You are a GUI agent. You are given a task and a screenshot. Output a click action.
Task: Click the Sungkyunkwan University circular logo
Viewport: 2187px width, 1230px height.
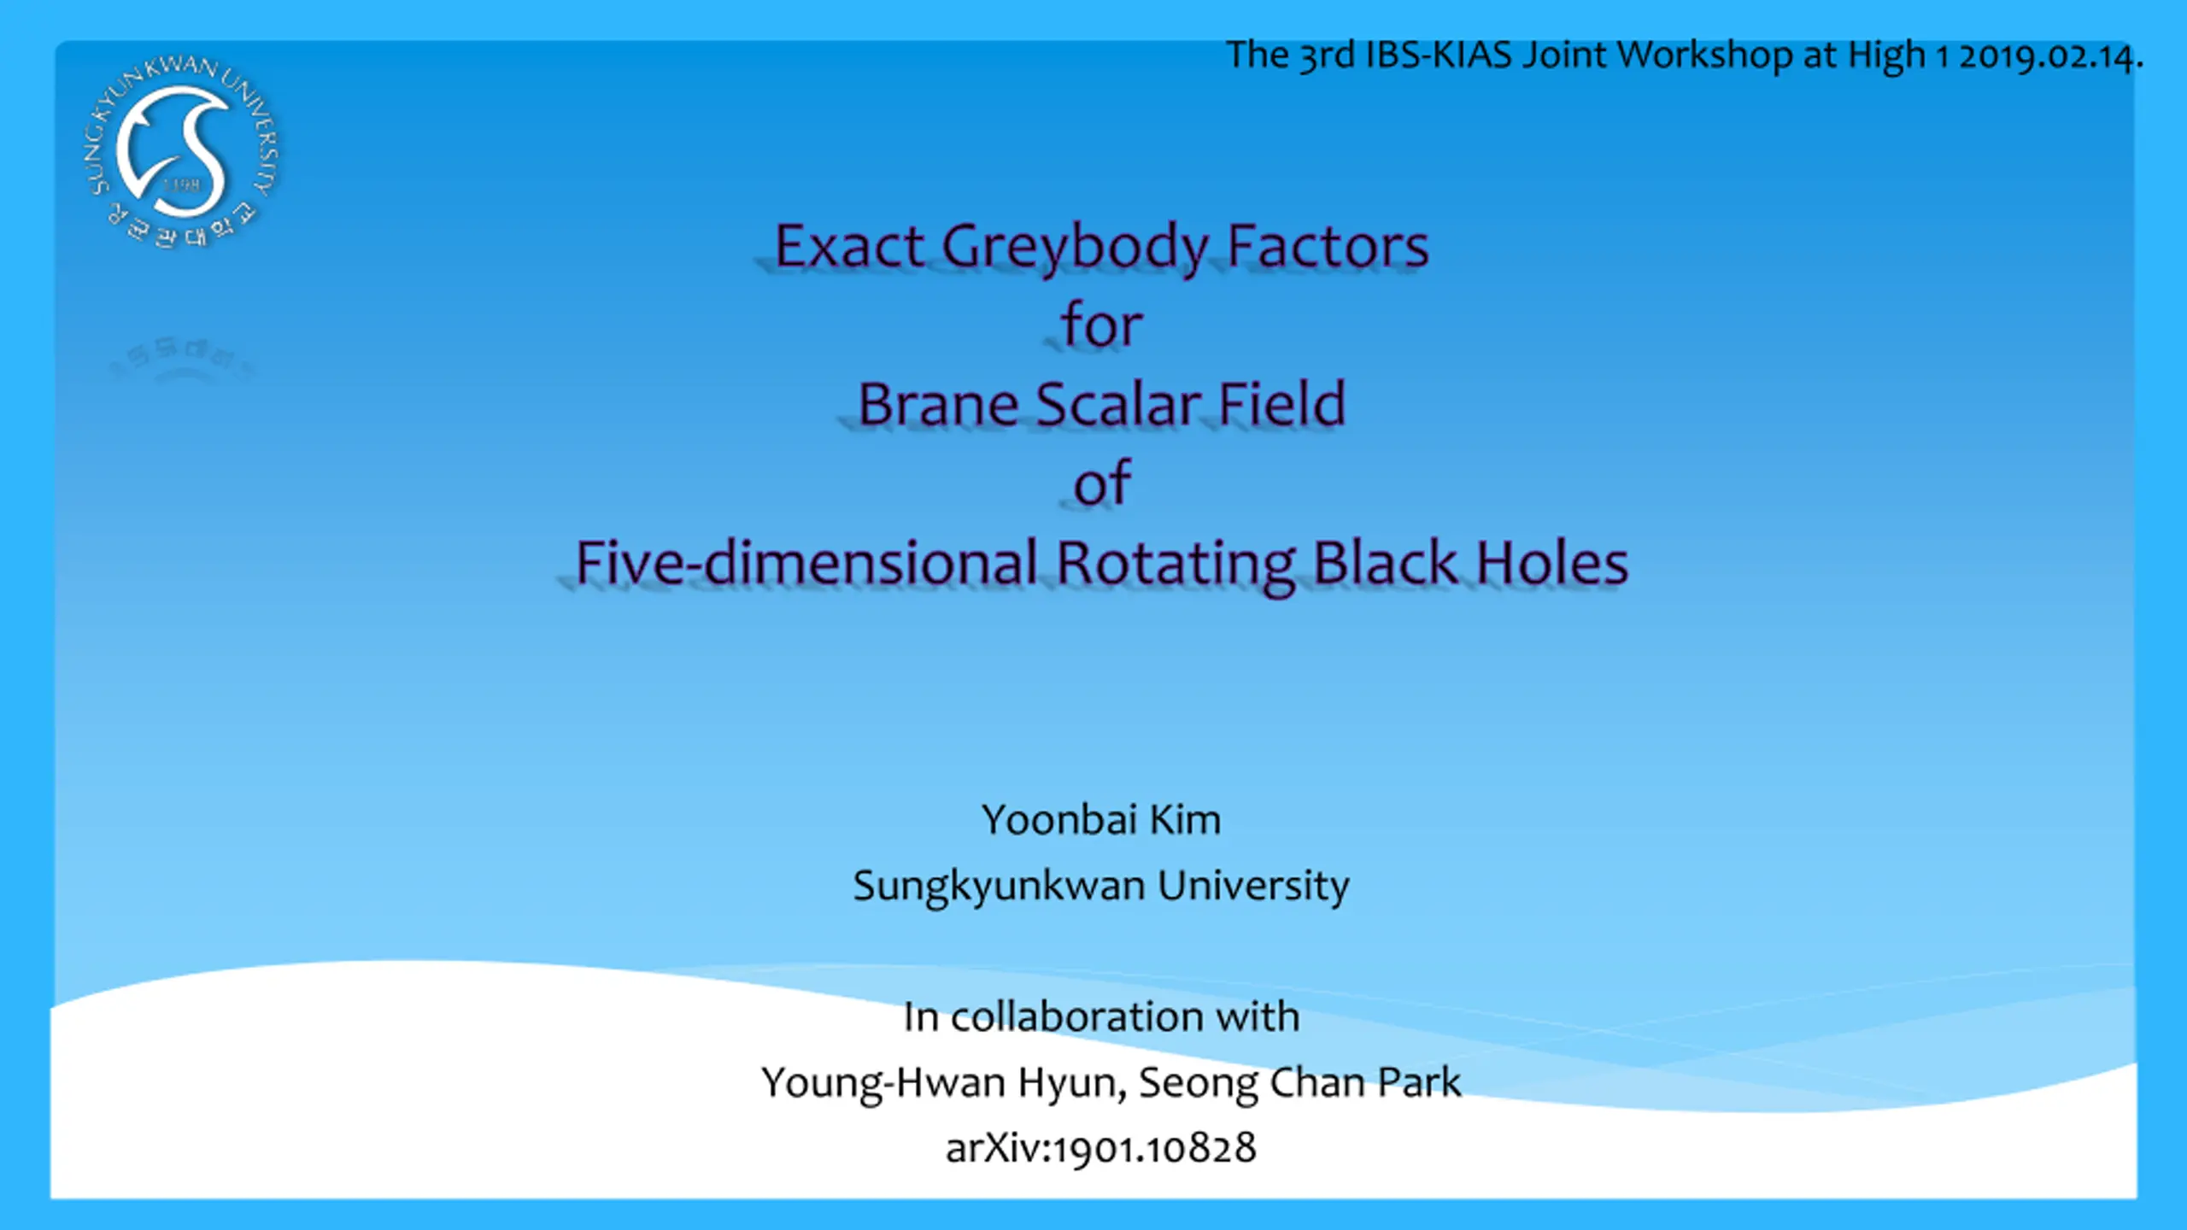pyautogui.click(x=183, y=152)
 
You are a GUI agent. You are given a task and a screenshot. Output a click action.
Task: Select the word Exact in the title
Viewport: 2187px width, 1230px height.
pyautogui.click(x=849, y=246)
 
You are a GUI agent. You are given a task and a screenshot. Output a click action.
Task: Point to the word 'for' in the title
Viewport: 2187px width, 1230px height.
pyautogui.click(x=1101, y=325)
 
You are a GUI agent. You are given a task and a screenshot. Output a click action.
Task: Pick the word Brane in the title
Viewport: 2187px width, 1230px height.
pyautogui.click(x=937, y=403)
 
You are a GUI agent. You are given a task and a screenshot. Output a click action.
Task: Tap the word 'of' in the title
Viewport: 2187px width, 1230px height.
pyautogui.click(x=1102, y=483)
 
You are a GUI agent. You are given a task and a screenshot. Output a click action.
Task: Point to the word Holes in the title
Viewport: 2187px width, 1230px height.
pyautogui.click(x=1552, y=562)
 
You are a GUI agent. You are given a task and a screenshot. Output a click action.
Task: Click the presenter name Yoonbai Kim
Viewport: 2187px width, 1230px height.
pyautogui.click(x=1101, y=820)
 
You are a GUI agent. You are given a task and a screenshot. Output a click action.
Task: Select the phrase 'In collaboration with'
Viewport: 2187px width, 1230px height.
pyautogui.click(x=1101, y=1016)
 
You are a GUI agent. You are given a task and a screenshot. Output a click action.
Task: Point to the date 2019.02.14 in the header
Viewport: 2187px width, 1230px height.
pyautogui.click(x=2050, y=56)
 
